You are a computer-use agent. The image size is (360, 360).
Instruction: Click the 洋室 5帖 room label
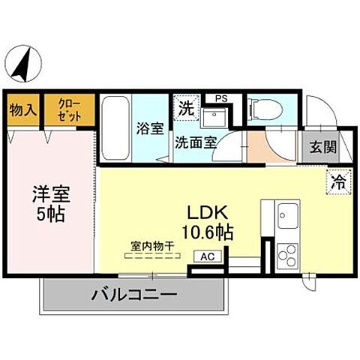point(49,203)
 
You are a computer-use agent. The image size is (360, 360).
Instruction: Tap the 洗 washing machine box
point(184,107)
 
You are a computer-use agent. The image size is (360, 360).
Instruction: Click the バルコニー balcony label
point(135,294)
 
